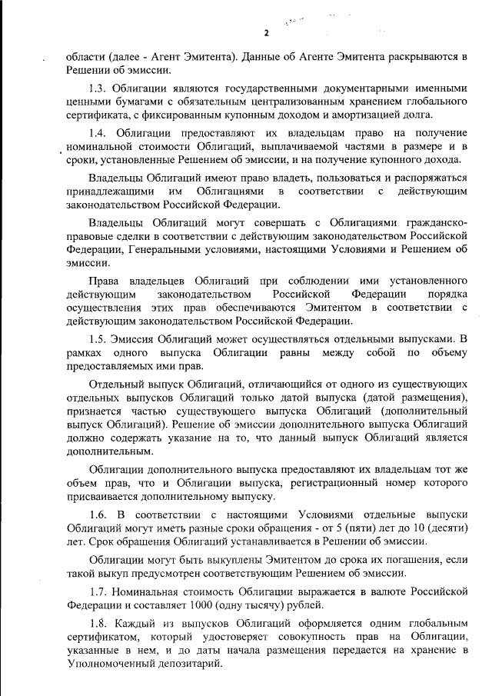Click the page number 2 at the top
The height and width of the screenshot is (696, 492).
[266, 32]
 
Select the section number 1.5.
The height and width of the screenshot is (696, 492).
[98, 338]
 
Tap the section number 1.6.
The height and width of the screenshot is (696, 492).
[98, 514]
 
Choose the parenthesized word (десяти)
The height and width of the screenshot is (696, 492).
[442, 528]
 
